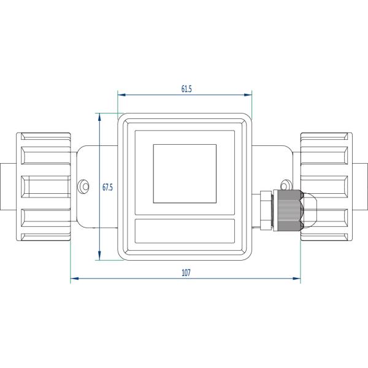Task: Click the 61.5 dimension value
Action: (186, 89)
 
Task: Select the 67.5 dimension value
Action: (107, 187)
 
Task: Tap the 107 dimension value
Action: (186, 273)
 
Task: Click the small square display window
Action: (185, 174)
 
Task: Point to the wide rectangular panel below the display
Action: (185, 231)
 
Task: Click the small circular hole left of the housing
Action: (83, 186)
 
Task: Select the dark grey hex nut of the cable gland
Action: (288, 210)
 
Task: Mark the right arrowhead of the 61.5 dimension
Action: (248, 95)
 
